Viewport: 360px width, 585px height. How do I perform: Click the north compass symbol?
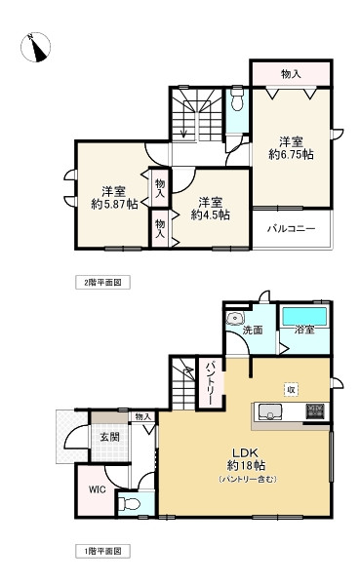(38, 45)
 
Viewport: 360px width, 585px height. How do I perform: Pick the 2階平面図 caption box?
(103, 282)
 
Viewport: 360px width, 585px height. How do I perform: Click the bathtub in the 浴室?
(304, 318)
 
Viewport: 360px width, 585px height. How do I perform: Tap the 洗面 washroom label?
(253, 330)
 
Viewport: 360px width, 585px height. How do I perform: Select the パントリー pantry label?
(210, 382)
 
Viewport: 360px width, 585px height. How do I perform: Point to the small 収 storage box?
(290, 389)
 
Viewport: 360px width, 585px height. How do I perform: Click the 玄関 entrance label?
(109, 438)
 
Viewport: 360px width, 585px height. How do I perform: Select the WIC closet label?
(96, 488)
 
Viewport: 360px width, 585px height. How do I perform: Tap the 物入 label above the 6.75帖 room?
(291, 74)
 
